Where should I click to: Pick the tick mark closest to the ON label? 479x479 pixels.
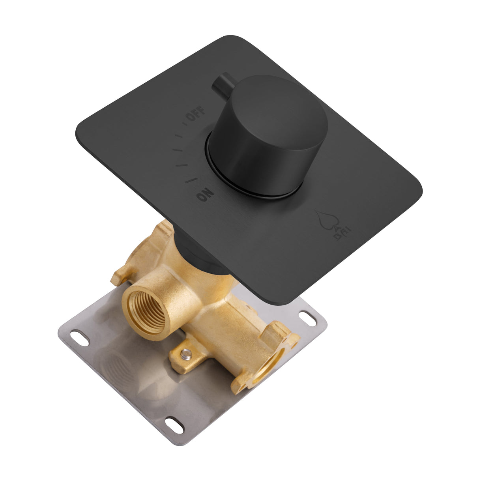coord(192,180)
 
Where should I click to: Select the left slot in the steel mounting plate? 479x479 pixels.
coord(79,338)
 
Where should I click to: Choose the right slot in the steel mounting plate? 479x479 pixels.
coord(308,316)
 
